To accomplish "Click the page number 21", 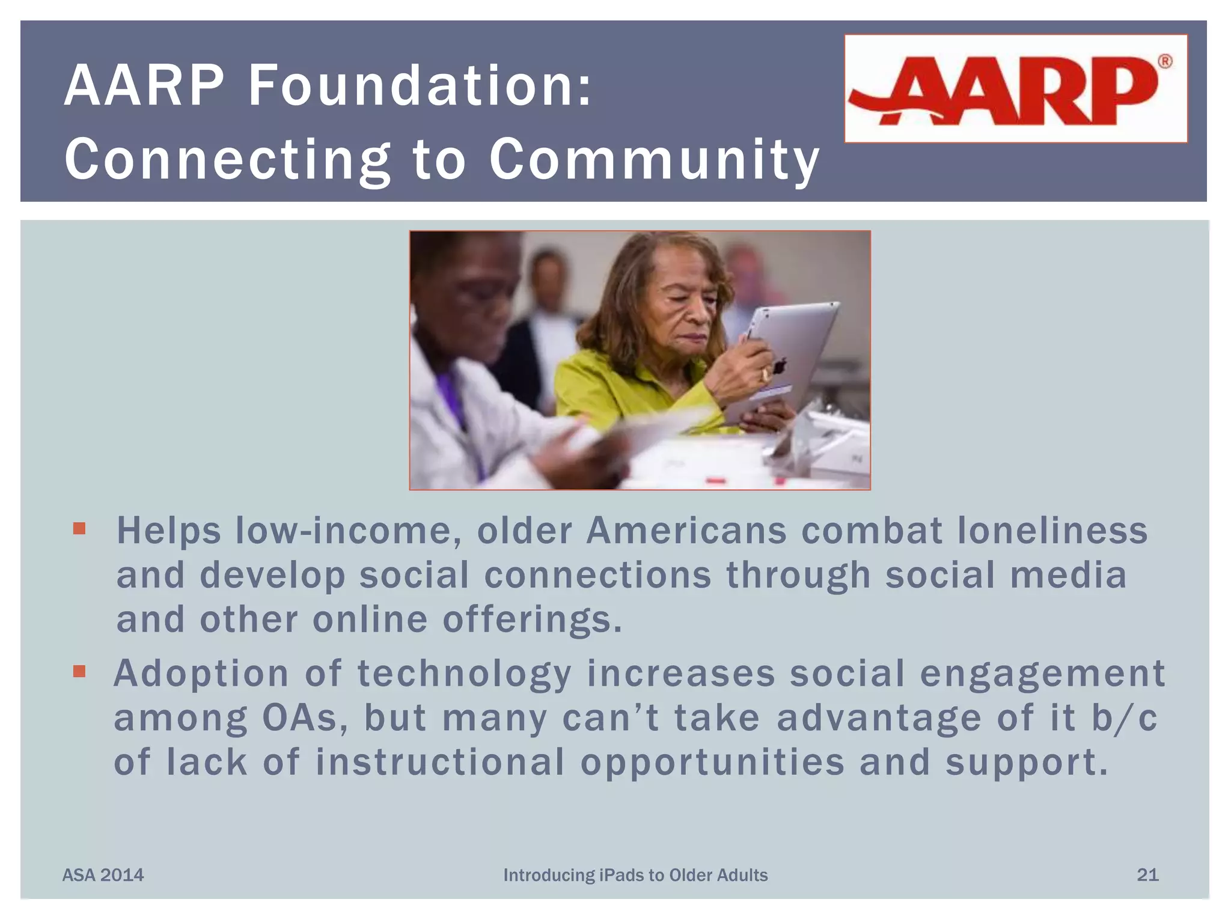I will [1147, 874].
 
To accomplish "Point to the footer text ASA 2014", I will [103, 875].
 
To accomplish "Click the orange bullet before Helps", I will [79, 529].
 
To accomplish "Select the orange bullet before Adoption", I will [79, 671].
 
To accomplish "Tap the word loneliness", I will [1052, 531].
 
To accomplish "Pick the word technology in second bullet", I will [464, 674].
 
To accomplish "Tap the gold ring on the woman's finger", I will [764, 376].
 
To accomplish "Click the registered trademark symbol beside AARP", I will [1164, 61].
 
